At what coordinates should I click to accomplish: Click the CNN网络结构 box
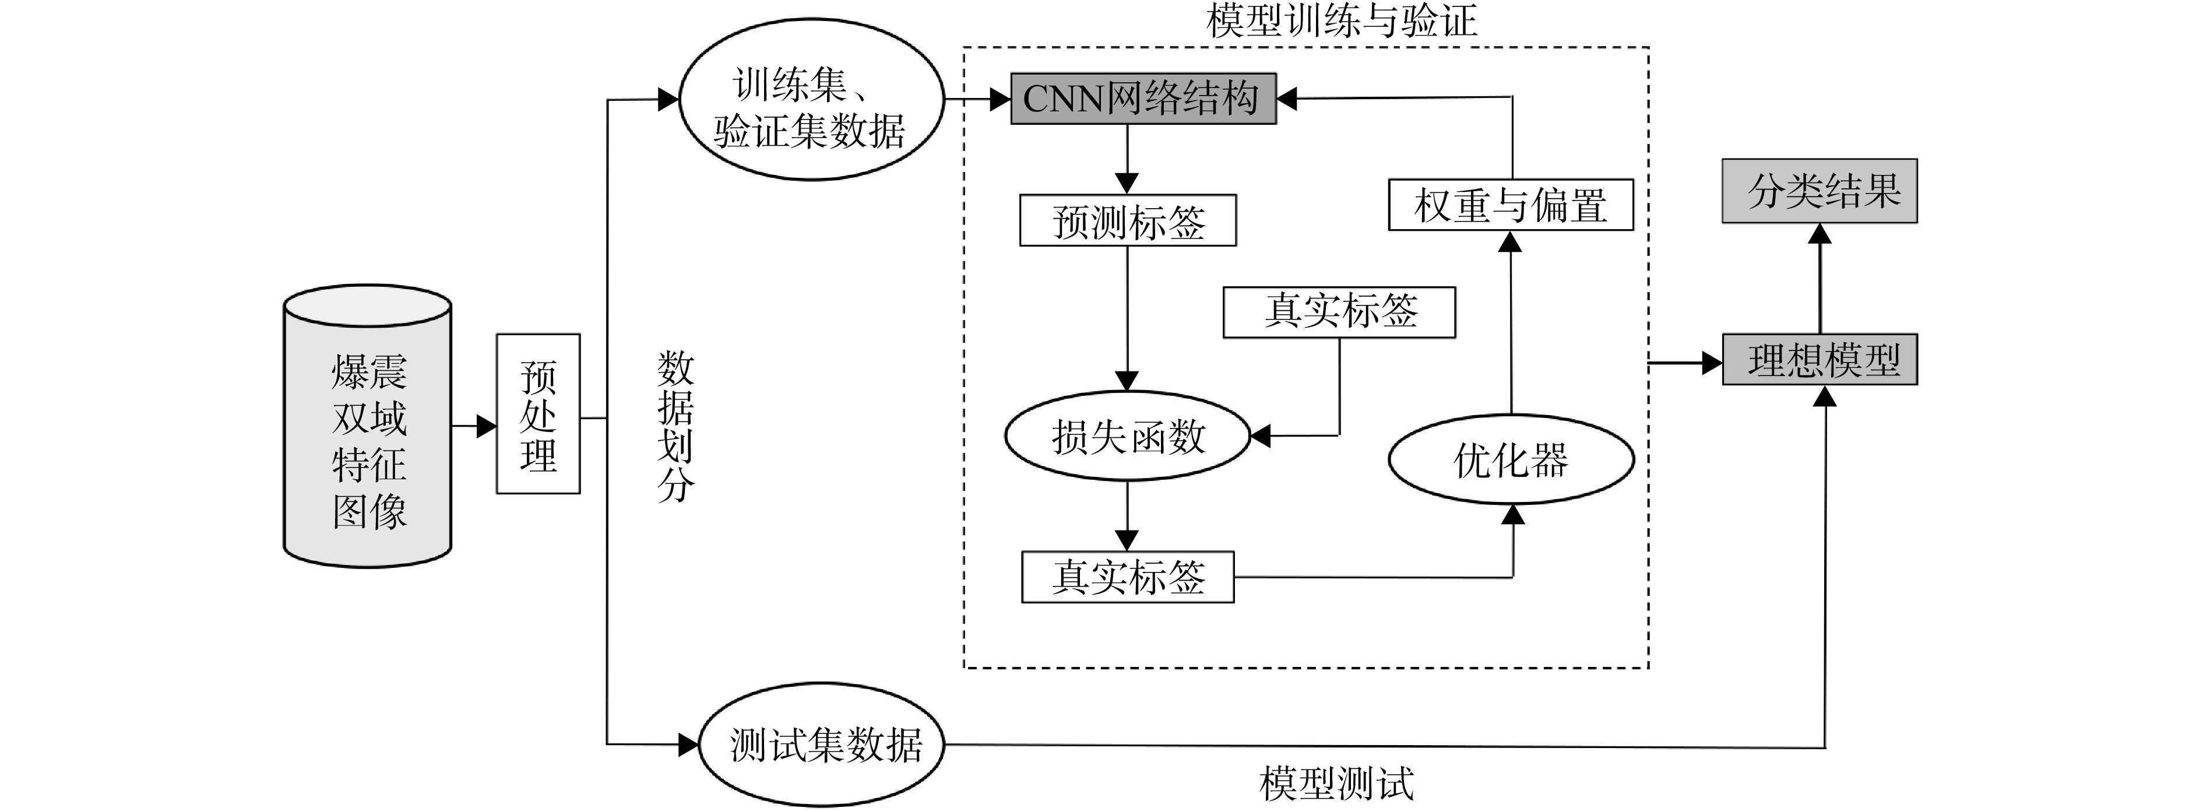tap(1143, 99)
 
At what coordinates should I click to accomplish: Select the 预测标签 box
tap(1128, 221)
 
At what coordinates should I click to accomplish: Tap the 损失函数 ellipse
tap(1127, 436)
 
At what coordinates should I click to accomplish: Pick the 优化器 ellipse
tap(1511, 459)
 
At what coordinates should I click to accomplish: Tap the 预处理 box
tap(538, 414)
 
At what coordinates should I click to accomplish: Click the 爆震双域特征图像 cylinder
tap(368, 425)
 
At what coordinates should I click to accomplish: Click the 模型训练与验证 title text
tap(1341, 20)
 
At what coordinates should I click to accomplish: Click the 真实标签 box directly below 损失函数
tap(1128, 577)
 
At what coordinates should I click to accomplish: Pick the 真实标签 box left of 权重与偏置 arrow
tap(1339, 313)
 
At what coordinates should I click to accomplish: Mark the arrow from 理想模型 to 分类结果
tap(1820, 279)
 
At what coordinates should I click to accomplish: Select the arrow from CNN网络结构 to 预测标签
tap(1127, 160)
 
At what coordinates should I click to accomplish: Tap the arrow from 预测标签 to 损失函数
tap(1127, 319)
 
